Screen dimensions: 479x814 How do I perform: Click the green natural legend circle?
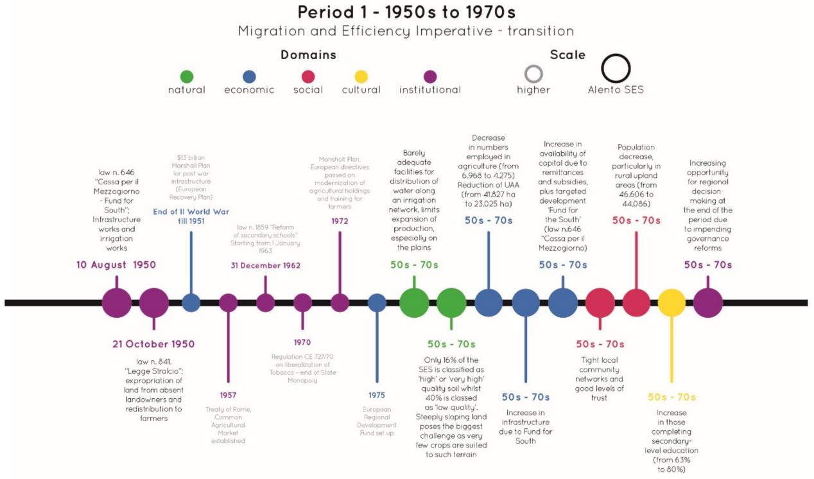187,76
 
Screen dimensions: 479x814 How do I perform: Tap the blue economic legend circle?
249,76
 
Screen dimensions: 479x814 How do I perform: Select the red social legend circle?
308,76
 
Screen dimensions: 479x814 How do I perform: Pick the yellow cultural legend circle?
361,76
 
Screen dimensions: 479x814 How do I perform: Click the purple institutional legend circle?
430,76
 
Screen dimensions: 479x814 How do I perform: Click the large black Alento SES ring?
616,68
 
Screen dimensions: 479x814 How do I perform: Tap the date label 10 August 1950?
116,265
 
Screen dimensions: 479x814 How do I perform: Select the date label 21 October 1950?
153,344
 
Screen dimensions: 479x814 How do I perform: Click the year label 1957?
228,394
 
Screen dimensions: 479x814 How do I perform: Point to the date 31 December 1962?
266,265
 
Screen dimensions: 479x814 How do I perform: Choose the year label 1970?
303,343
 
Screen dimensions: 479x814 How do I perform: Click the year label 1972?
340,221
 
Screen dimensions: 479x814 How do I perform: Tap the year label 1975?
377,395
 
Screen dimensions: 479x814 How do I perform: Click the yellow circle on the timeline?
671,302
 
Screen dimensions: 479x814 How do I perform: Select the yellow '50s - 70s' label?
671,397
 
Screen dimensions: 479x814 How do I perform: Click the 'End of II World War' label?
191,212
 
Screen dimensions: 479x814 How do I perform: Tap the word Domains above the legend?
308,55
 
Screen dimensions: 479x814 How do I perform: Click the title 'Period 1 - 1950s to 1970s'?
406,12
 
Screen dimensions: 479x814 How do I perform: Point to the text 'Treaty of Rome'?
228,410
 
